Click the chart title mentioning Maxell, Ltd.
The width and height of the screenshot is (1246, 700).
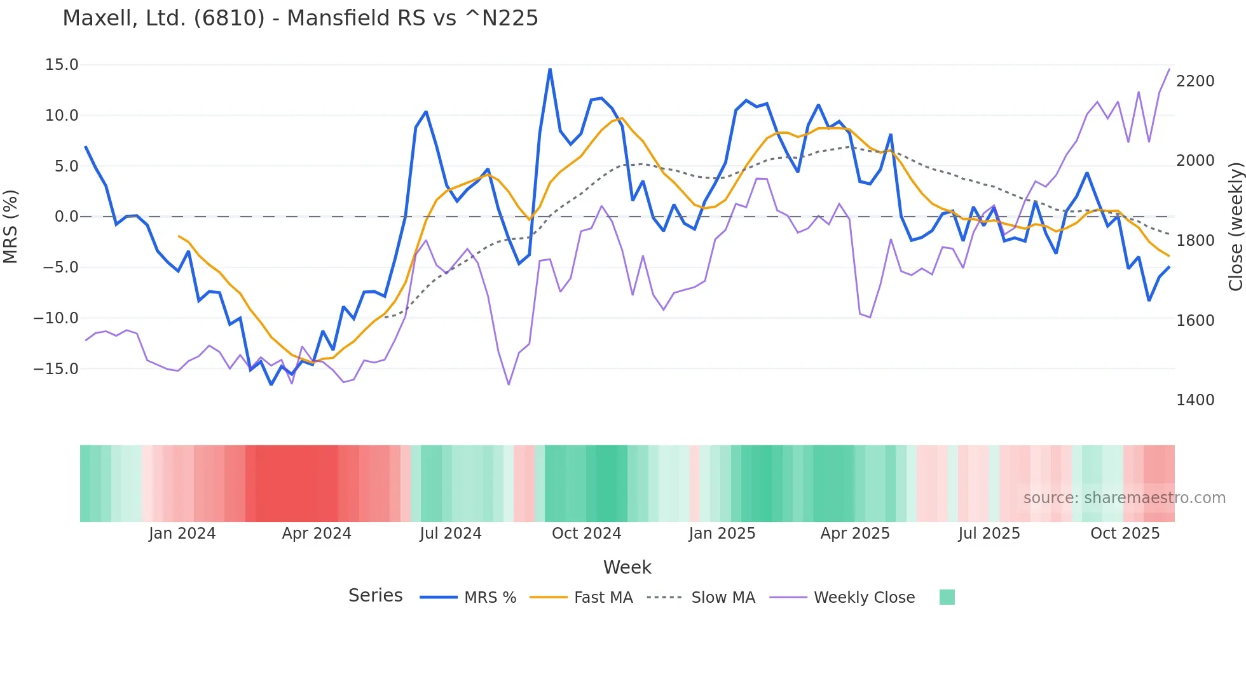coord(300,18)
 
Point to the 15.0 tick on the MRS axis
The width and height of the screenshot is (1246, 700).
coord(62,65)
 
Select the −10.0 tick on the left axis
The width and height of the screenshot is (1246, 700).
coord(56,318)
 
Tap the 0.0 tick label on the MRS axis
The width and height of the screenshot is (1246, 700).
coord(66,217)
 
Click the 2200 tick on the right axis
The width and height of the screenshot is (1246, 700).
coord(1195,81)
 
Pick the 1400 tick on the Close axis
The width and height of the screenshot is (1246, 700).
coord(1195,400)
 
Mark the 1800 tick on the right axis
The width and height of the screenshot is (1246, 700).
coord(1195,241)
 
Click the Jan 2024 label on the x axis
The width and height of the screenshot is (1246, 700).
coord(182,534)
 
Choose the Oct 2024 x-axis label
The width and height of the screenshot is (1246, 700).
coord(586,534)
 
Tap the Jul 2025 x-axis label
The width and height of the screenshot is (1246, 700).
coord(989,534)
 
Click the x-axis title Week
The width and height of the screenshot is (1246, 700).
coord(627,567)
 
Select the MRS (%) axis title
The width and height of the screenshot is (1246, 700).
coord(11,227)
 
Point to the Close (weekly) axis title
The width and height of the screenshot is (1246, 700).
coord(1235,227)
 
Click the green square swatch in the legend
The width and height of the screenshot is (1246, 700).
coord(947,597)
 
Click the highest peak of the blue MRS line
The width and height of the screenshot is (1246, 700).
coord(550,69)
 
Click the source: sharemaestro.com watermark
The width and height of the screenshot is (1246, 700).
coord(1124,498)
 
